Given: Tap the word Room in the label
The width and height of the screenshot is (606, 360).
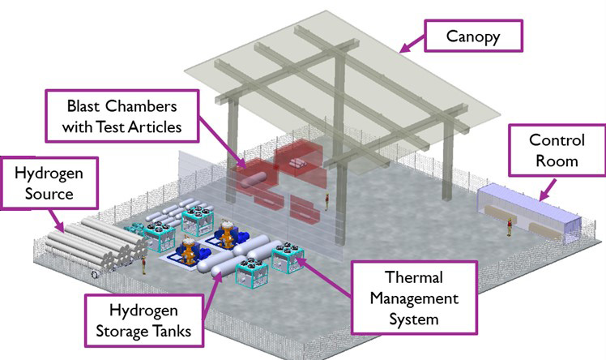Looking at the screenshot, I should click(557, 160).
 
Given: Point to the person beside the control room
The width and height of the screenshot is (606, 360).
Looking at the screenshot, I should click(509, 230).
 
